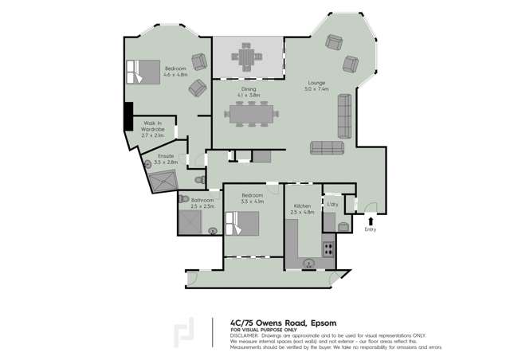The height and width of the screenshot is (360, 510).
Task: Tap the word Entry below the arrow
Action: coord(371,230)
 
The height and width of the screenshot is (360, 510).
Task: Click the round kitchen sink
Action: coord(310,262)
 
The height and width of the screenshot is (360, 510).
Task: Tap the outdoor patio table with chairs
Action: coord(247,58)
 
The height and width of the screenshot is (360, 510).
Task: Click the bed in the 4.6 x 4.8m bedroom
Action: coord(143,72)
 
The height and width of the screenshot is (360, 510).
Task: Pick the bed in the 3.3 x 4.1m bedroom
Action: coord(242,223)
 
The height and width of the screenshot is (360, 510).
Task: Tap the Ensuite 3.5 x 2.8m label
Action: coord(166,158)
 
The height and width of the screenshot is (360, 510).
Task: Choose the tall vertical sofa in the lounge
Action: coord(344,115)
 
